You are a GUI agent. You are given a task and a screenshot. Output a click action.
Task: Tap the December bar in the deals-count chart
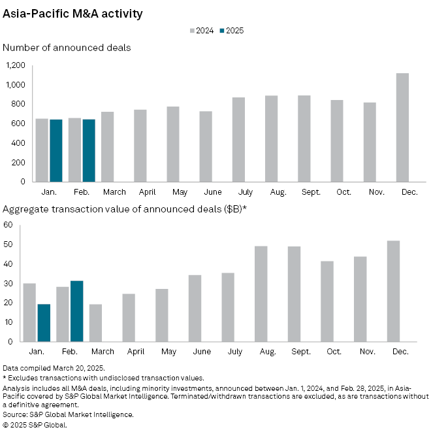pos(402,127)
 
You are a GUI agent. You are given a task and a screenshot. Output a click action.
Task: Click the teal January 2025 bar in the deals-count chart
pos(56,150)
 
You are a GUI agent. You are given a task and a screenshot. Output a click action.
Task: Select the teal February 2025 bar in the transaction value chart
pos(76,311)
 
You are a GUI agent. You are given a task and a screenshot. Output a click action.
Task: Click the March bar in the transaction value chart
pos(95,323)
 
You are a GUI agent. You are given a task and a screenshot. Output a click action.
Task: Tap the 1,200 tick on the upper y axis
pos(15,65)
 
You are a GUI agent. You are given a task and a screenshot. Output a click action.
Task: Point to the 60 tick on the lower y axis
pos(8,225)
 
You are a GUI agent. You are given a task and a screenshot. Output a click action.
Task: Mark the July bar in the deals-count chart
pos(238,139)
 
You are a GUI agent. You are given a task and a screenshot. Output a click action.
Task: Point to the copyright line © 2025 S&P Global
pos(35,424)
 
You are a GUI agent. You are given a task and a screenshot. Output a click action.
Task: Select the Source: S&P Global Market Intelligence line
pos(68,414)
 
